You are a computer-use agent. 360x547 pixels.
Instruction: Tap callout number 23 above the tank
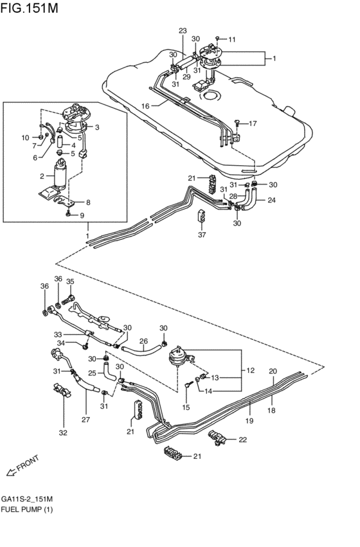[x=182, y=31]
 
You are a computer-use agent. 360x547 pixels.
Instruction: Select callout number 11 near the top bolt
[x=232, y=40]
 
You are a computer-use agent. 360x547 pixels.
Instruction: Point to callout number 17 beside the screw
[x=253, y=123]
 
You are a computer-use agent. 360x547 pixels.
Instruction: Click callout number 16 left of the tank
[x=145, y=106]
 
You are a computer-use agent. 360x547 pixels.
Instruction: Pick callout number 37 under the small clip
[x=201, y=235]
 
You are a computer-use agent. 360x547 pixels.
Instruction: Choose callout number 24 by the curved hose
[x=271, y=200]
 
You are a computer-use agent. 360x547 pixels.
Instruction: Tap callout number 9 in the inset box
[x=82, y=215]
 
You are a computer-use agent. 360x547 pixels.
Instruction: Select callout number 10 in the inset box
[x=25, y=138]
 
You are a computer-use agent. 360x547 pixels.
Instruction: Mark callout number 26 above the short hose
[x=144, y=341]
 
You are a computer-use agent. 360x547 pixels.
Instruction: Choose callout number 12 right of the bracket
[x=249, y=370]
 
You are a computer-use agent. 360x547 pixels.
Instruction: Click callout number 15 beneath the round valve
[x=186, y=406]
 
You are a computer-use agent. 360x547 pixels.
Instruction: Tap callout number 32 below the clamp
[x=62, y=433]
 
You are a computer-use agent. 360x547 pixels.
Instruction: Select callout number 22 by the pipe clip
[x=242, y=440]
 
